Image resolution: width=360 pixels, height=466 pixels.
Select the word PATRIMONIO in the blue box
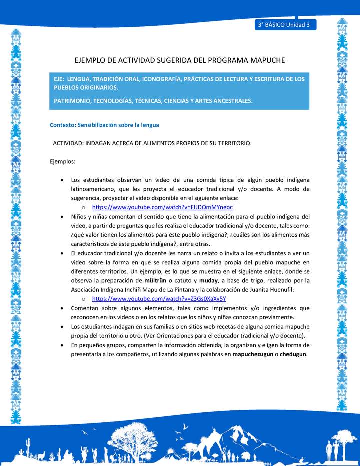pyautogui.click(x=71, y=100)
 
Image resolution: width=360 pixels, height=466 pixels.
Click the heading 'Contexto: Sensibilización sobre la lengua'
pyautogui.click(x=104, y=125)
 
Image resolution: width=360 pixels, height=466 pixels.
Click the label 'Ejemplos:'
pyautogui.click(x=63, y=162)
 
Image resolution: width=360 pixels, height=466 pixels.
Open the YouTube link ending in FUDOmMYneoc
pyautogui.click(x=162, y=207)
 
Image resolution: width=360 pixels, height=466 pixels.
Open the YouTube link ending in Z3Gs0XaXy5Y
pyautogui.click(x=159, y=298)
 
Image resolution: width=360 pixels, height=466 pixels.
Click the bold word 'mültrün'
pyautogui.click(x=154, y=280)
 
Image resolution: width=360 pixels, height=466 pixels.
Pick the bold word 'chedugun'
pyautogui.click(x=293, y=354)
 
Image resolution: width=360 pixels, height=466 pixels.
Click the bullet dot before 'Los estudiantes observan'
pyautogui.click(x=61, y=180)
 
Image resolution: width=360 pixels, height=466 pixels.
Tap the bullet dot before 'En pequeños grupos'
pyautogui.click(x=61, y=345)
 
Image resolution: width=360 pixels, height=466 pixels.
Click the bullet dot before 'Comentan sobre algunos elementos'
pyautogui.click(x=61, y=308)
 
